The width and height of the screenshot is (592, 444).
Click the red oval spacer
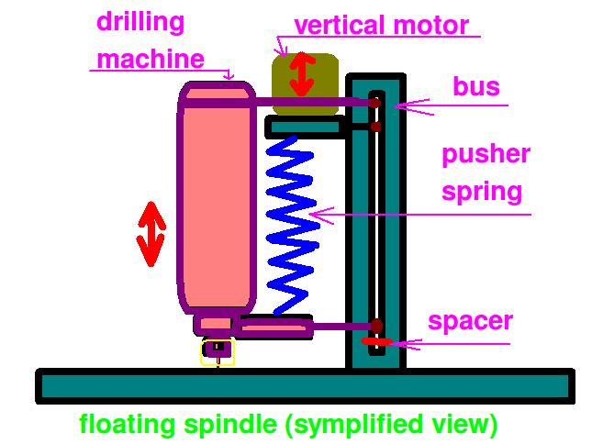tap(377, 342)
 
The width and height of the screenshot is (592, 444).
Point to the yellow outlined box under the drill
tap(218, 352)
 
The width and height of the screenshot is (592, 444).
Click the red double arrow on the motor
tap(300, 75)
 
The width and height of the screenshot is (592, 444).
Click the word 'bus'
tap(476, 87)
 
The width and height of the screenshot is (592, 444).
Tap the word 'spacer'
tap(470, 322)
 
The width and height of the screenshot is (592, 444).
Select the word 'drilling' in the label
tap(140, 22)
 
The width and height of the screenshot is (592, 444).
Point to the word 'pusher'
tap(486, 154)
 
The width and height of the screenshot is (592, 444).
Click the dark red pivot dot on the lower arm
tap(376, 326)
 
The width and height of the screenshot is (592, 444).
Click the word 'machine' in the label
tap(150, 60)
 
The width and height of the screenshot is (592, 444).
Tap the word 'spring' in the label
tap(482, 193)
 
